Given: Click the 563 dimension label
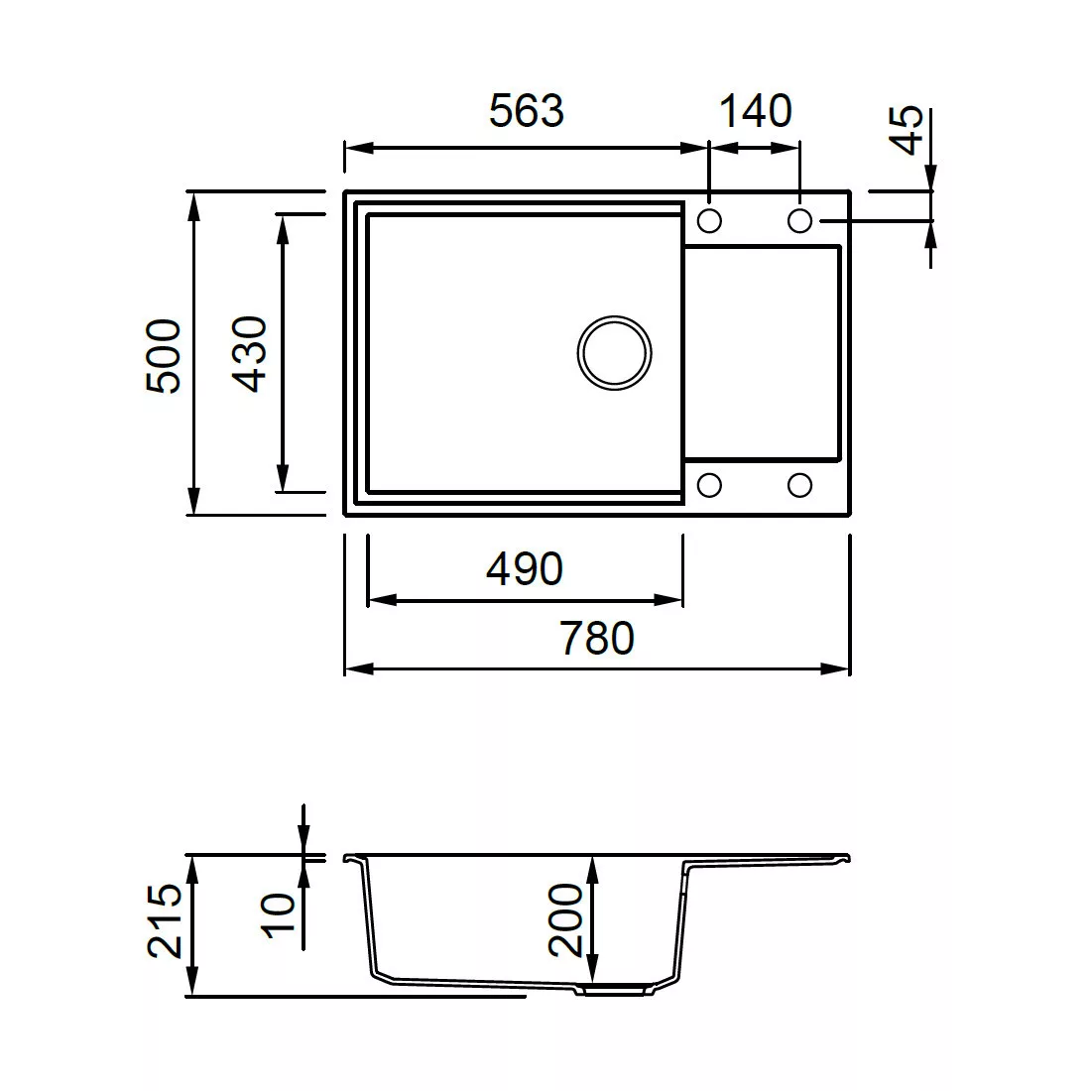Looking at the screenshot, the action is click(527, 111).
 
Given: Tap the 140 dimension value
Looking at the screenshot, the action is click(755, 111).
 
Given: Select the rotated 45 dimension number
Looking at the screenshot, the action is click(908, 130).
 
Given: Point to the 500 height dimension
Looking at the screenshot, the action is click(165, 355).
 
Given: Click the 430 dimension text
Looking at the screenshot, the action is click(249, 353).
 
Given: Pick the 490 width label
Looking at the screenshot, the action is click(525, 569).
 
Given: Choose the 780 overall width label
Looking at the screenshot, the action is click(597, 639).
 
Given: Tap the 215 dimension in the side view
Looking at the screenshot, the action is click(165, 920).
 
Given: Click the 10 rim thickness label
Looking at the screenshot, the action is click(278, 915).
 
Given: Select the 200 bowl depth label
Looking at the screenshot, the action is click(565, 919).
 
